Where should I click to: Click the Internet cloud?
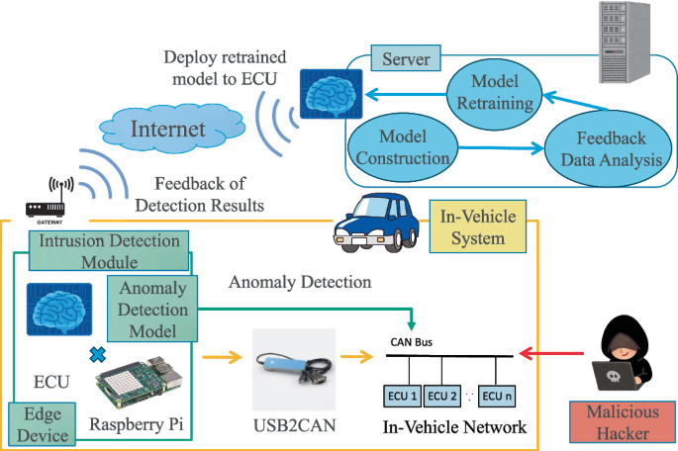pos(169,129)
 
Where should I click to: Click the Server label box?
pos(406,59)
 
